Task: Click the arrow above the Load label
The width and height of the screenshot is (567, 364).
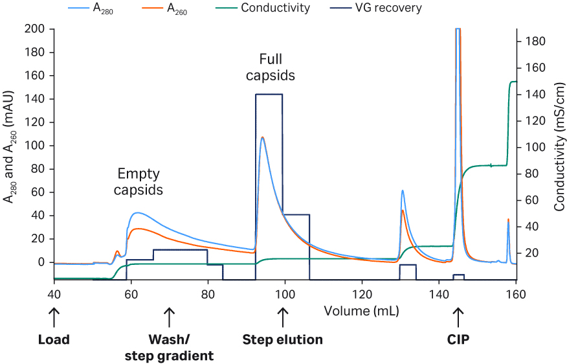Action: [x=54, y=317]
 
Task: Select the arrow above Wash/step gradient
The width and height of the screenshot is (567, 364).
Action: [x=170, y=317]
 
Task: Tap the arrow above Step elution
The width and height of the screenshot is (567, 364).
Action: [x=282, y=317]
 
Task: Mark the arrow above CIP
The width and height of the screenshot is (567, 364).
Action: [x=458, y=317]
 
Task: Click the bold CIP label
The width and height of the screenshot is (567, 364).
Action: [x=458, y=339]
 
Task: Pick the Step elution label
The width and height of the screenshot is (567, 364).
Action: [x=282, y=339]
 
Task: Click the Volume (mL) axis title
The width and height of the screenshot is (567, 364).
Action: [x=361, y=312]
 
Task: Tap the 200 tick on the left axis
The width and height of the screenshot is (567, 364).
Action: [x=36, y=29]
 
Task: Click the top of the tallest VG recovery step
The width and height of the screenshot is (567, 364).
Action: [x=269, y=95]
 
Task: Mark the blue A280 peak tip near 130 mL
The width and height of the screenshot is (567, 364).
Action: [x=403, y=190]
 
